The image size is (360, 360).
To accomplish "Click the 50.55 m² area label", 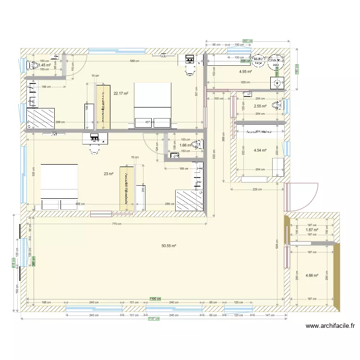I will (168, 246).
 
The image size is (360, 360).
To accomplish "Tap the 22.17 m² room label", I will (120, 94).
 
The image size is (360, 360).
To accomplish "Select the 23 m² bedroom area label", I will (108, 174).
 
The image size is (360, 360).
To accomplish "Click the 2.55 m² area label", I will (260, 106).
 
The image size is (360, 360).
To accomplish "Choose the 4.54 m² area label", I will (260, 150).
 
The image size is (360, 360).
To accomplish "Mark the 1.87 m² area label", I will (312, 230).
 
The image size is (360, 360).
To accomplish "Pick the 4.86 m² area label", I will (312, 276).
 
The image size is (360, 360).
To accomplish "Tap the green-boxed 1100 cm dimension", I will (156, 298).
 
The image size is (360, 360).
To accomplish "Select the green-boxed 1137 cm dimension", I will (154, 319).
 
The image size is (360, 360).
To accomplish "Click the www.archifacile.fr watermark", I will (330, 326).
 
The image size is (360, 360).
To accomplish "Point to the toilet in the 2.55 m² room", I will (277, 105).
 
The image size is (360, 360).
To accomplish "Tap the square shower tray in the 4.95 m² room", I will (277, 84).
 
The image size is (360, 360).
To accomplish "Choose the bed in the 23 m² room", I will (60, 187).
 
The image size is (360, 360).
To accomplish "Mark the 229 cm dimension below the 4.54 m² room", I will (257, 190).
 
